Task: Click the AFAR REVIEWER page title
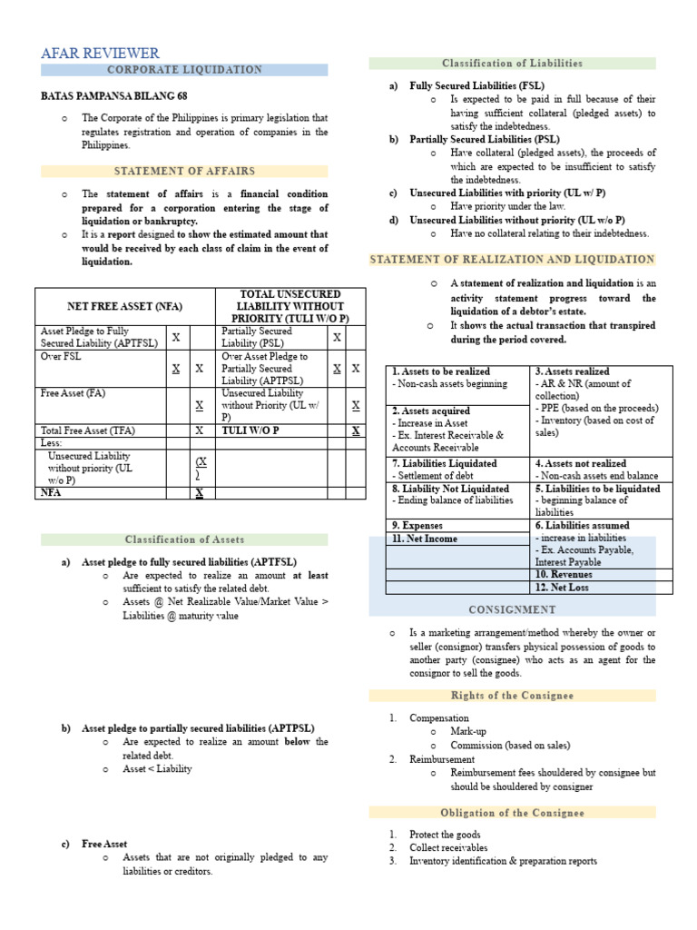pyautogui.click(x=100, y=54)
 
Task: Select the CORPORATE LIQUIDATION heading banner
pyautogui.click(x=184, y=70)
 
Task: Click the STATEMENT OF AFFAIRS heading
pyautogui.click(x=184, y=171)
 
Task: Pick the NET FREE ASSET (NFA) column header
pyautogui.click(x=124, y=307)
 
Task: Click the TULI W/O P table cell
pyautogui.click(x=250, y=430)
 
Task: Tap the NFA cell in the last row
pyautogui.click(x=50, y=492)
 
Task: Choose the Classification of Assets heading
pyautogui.click(x=184, y=539)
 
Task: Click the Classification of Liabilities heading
pyautogui.click(x=512, y=64)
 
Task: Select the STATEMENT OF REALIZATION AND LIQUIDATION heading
pyautogui.click(x=512, y=260)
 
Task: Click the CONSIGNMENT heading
pyautogui.click(x=512, y=608)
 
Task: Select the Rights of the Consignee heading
pyautogui.click(x=512, y=696)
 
